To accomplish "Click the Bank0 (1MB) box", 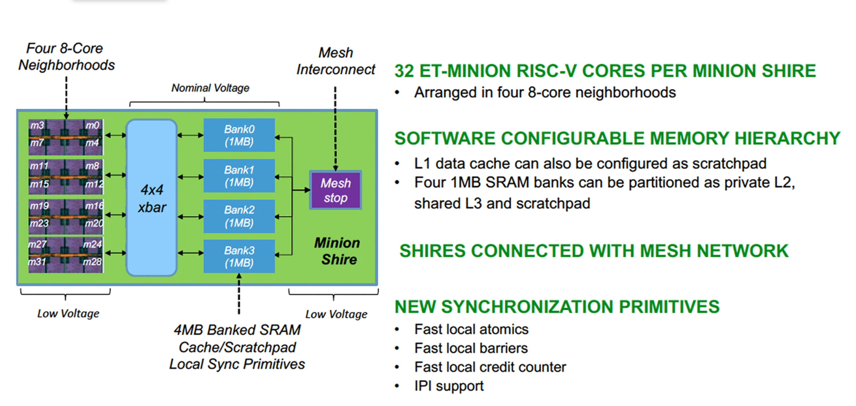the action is [239, 135].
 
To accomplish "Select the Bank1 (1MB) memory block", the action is [239, 176].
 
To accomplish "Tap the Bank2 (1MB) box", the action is [239, 216].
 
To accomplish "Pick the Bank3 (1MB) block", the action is [239, 256].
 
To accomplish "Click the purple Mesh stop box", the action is [336, 190].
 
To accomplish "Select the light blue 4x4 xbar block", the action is [151, 198].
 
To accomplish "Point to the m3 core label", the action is [37, 125].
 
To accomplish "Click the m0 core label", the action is [92, 125].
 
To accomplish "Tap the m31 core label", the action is [37, 262].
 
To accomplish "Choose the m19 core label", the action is [39, 206].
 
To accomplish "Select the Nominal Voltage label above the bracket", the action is [210, 88].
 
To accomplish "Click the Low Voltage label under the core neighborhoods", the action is [68, 313].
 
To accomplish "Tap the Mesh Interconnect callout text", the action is [336, 61].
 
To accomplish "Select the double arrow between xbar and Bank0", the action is [190, 135].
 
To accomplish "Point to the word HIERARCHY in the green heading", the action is [788, 138].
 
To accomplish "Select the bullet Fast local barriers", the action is [471, 348].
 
